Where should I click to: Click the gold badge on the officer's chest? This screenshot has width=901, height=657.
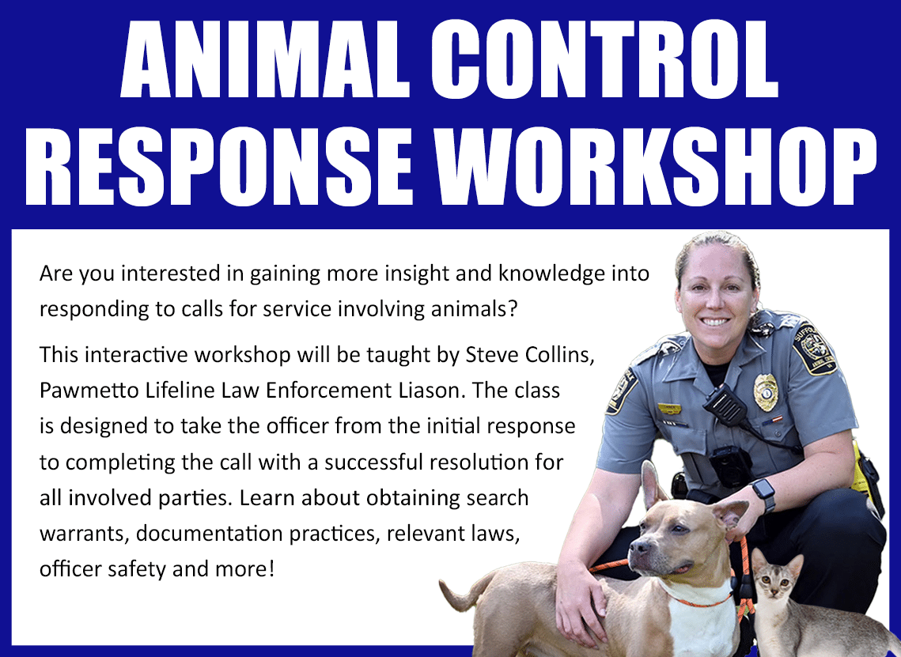click(x=766, y=391)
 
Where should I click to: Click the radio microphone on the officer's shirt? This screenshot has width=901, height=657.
click(x=725, y=406)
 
